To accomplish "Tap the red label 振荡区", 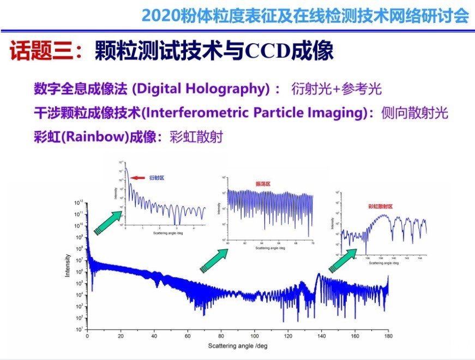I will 263,184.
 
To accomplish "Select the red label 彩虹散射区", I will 380,206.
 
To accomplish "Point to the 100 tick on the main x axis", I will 255,337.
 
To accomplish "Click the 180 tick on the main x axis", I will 388,337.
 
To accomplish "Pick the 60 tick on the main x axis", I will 188,337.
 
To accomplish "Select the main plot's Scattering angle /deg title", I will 238,346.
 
